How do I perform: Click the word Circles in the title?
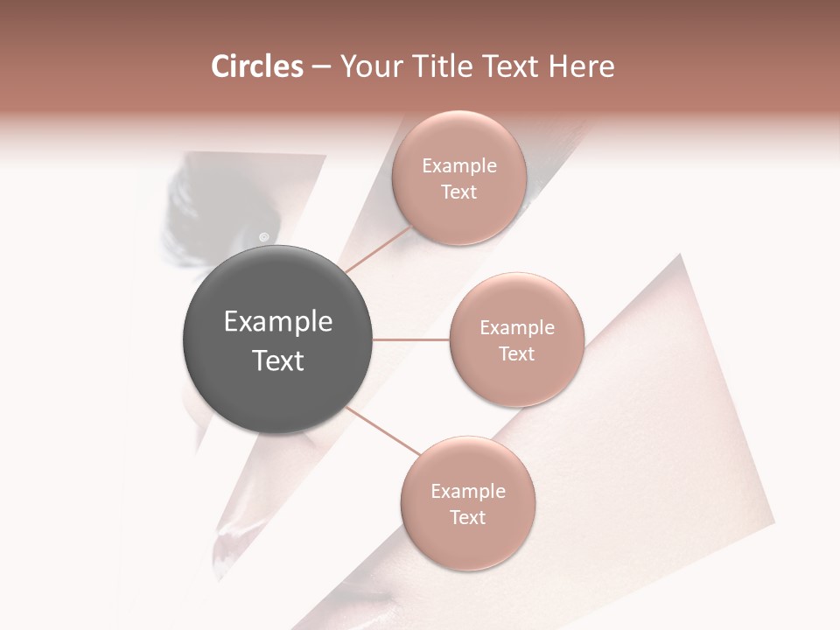tap(256, 66)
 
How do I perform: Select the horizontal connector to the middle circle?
tap(411, 339)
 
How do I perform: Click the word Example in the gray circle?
tap(278, 322)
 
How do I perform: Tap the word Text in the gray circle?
tap(278, 360)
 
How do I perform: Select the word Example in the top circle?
tap(459, 166)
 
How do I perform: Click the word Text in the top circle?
tap(459, 192)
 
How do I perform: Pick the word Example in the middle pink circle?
tap(517, 328)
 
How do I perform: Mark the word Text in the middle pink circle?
tap(517, 354)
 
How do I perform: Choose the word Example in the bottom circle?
tap(468, 492)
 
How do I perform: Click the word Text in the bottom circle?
tap(468, 518)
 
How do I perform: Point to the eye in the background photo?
tap(263, 236)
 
